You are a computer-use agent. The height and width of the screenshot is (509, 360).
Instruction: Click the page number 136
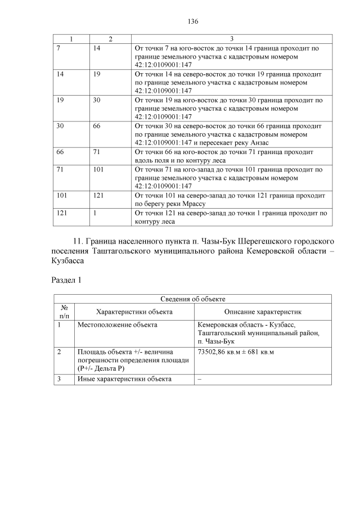click(x=192, y=21)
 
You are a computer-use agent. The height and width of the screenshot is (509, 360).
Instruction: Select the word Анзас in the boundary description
click(x=258, y=142)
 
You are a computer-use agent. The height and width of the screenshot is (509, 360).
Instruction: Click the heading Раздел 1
click(x=66, y=280)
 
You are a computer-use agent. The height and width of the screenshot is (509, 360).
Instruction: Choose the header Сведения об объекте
click(x=192, y=299)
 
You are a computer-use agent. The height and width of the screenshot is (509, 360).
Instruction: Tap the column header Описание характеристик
click(x=263, y=311)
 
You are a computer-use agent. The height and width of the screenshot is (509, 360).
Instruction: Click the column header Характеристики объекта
click(x=134, y=311)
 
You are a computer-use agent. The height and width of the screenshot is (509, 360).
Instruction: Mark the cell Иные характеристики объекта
click(x=124, y=379)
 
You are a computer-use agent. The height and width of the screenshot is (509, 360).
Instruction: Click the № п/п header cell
click(x=64, y=311)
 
